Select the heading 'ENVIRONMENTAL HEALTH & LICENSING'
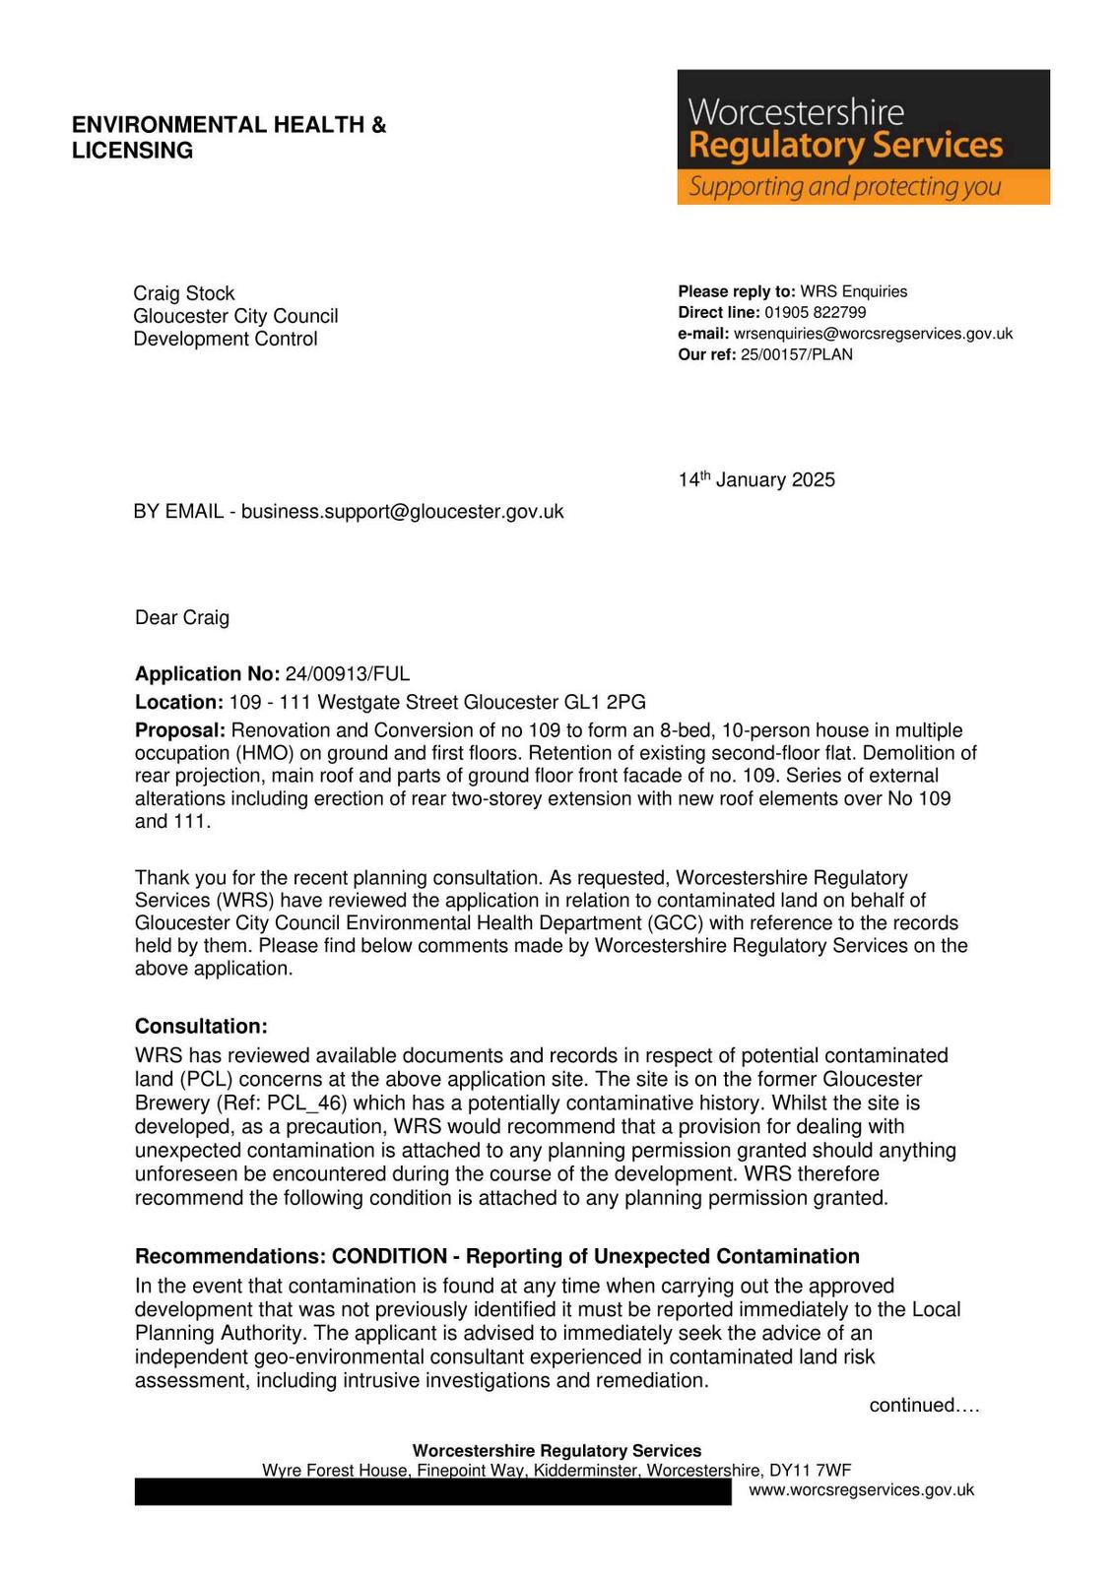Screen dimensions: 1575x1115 [229, 138]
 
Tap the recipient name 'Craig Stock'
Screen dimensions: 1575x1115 [184, 293]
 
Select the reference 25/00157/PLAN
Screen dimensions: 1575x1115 [796, 354]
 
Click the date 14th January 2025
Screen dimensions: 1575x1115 [755, 480]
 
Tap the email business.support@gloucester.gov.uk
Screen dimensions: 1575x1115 [402, 512]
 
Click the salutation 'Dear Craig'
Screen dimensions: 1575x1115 [182, 618]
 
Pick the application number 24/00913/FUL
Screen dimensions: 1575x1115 [347, 674]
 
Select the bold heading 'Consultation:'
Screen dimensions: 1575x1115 [201, 1027]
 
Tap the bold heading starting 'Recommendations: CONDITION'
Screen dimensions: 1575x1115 [496, 1257]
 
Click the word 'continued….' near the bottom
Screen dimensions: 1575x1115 [924, 1406]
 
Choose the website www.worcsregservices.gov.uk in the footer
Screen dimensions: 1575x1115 [861, 1490]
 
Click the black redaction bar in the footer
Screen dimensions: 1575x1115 [432, 1492]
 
